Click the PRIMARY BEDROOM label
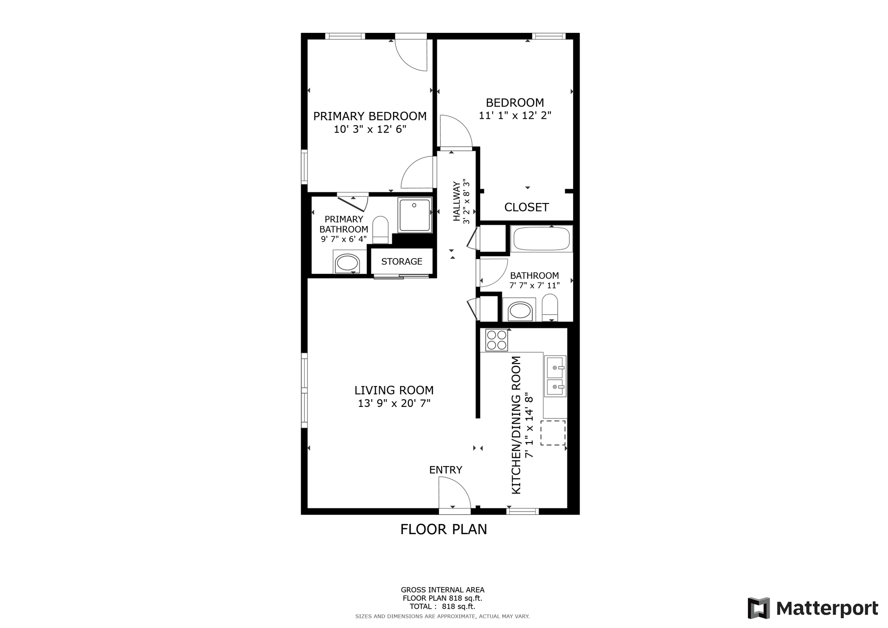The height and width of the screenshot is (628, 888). click(x=370, y=116)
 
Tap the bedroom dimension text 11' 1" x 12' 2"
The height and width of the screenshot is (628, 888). click(x=515, y=115)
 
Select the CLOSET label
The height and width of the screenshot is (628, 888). click(x=526, y=207)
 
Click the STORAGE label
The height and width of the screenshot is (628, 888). click(x=401, y=261)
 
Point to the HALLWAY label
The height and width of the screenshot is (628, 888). click(x=457, y=201)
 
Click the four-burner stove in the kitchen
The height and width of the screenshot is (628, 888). click(x=497, y=340)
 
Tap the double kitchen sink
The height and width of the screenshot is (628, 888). click(x=555, y=376)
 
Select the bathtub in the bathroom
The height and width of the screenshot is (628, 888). click(x=542, y=239)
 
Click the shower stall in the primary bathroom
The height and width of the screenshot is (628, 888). click(x=415, y=215)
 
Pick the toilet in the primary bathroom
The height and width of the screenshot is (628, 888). click(x=381, y=229)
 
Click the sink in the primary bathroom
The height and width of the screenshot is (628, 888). click(x=347, y=263)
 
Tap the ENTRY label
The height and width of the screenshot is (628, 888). click(x=445, y=470)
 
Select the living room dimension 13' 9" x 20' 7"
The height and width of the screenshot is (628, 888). click(x=394, y=403)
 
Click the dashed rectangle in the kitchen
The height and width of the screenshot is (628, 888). click(x=553, y=433)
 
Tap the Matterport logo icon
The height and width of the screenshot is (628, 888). click(x=759, y=608)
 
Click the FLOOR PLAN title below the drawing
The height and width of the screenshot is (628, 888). click(x=444, y=529)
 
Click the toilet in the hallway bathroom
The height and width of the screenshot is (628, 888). click(x=550, y=308)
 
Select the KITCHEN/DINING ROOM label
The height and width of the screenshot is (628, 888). click(x=516, y=425)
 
